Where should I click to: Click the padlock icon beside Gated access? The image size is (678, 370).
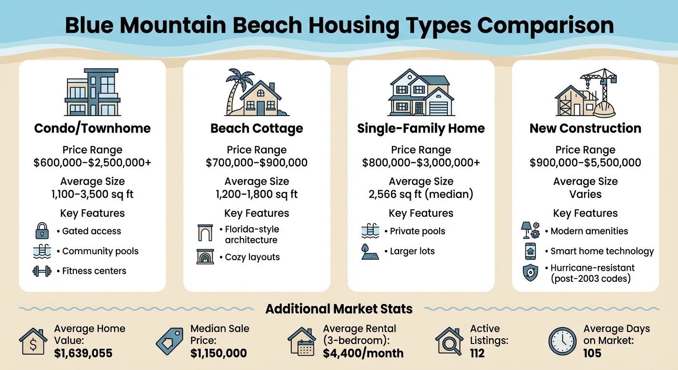[42, 231]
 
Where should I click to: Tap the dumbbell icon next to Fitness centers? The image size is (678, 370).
[42, 271]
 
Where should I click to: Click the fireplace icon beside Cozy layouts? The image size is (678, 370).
[205, 256]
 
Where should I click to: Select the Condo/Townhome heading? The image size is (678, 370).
[92, 128]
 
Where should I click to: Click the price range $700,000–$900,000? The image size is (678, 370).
[257, 162]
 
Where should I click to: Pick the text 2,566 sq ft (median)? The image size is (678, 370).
[421, 194]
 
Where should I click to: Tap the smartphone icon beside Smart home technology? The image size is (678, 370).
[530, 251]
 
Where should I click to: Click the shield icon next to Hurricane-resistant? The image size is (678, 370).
[530, 273]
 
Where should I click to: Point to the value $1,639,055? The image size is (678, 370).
[83, 353]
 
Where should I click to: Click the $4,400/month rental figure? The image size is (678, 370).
[363, 353]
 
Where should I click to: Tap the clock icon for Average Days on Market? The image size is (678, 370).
[562, 341]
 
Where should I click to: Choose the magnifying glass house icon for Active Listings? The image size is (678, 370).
[450, 341]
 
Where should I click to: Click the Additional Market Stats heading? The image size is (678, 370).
[339, 309]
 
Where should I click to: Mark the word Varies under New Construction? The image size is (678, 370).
[585, 194]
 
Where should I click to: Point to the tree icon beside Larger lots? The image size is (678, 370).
[369, 251]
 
